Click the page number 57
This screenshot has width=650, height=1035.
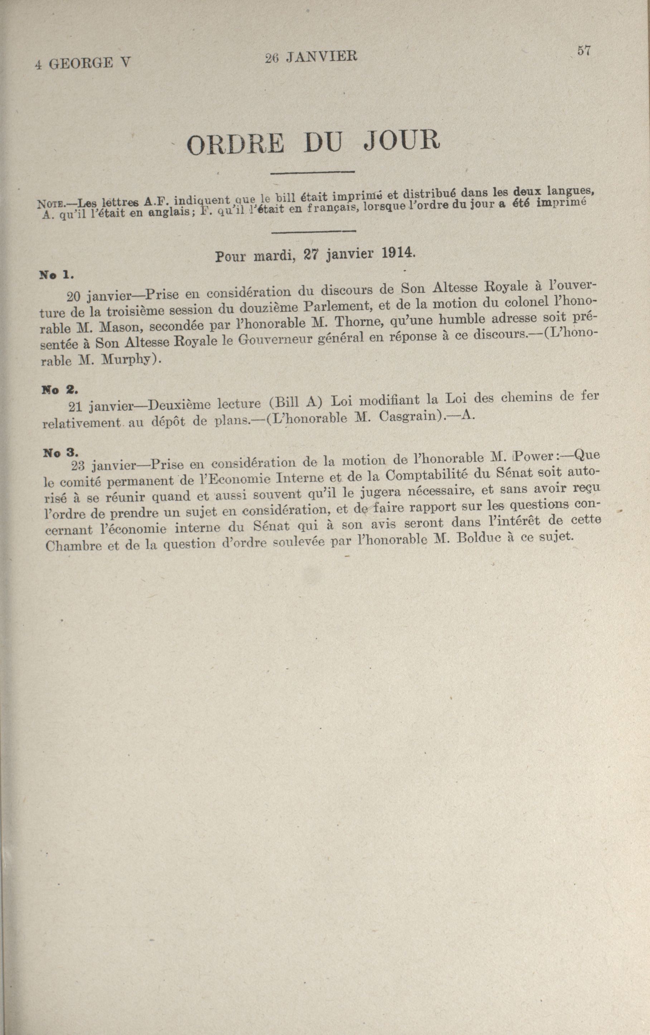[x=584, y=51]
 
